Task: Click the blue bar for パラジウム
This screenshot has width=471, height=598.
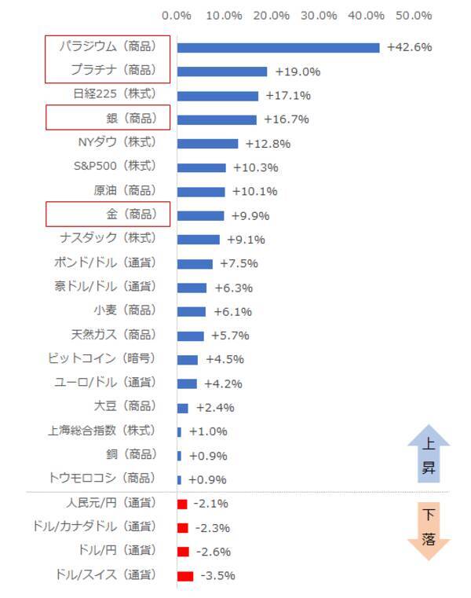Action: pyautogui.click(x=278, y=48)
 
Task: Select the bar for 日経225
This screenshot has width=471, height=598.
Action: pyautogui.click(x=217, y=96)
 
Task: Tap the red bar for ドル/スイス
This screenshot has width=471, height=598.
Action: pyautogui.click(x=185, y=576)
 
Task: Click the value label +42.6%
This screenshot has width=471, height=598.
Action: pyautogui.click(x=410, y=47)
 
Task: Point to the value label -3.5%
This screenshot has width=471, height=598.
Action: pyautogui.click(x=217, y=576)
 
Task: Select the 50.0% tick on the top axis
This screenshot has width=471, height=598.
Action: pyautogui.click(x=414, y=16)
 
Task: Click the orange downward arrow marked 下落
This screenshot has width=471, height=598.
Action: pyautogui.click(x=429, y=530)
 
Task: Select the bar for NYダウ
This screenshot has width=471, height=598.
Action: pyautogui.click(x=207, y=144)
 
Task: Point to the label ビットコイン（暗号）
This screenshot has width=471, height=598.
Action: pyautogui.click(x=102, y=358)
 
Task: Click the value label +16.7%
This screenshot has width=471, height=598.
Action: pyautogui.click(x=287, y=119)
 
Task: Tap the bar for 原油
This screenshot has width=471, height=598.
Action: pyautogui.click(x=201, y=192)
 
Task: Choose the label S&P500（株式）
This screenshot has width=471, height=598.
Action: pyautogui.click(x=115, y=167)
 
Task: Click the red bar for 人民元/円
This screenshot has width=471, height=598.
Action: pyautogui.click(x=182, y=504)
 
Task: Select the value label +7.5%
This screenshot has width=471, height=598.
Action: pyautogui.click(x=239, y=263)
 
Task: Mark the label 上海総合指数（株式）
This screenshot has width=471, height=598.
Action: pyautogui.click(x=102, y=431)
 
